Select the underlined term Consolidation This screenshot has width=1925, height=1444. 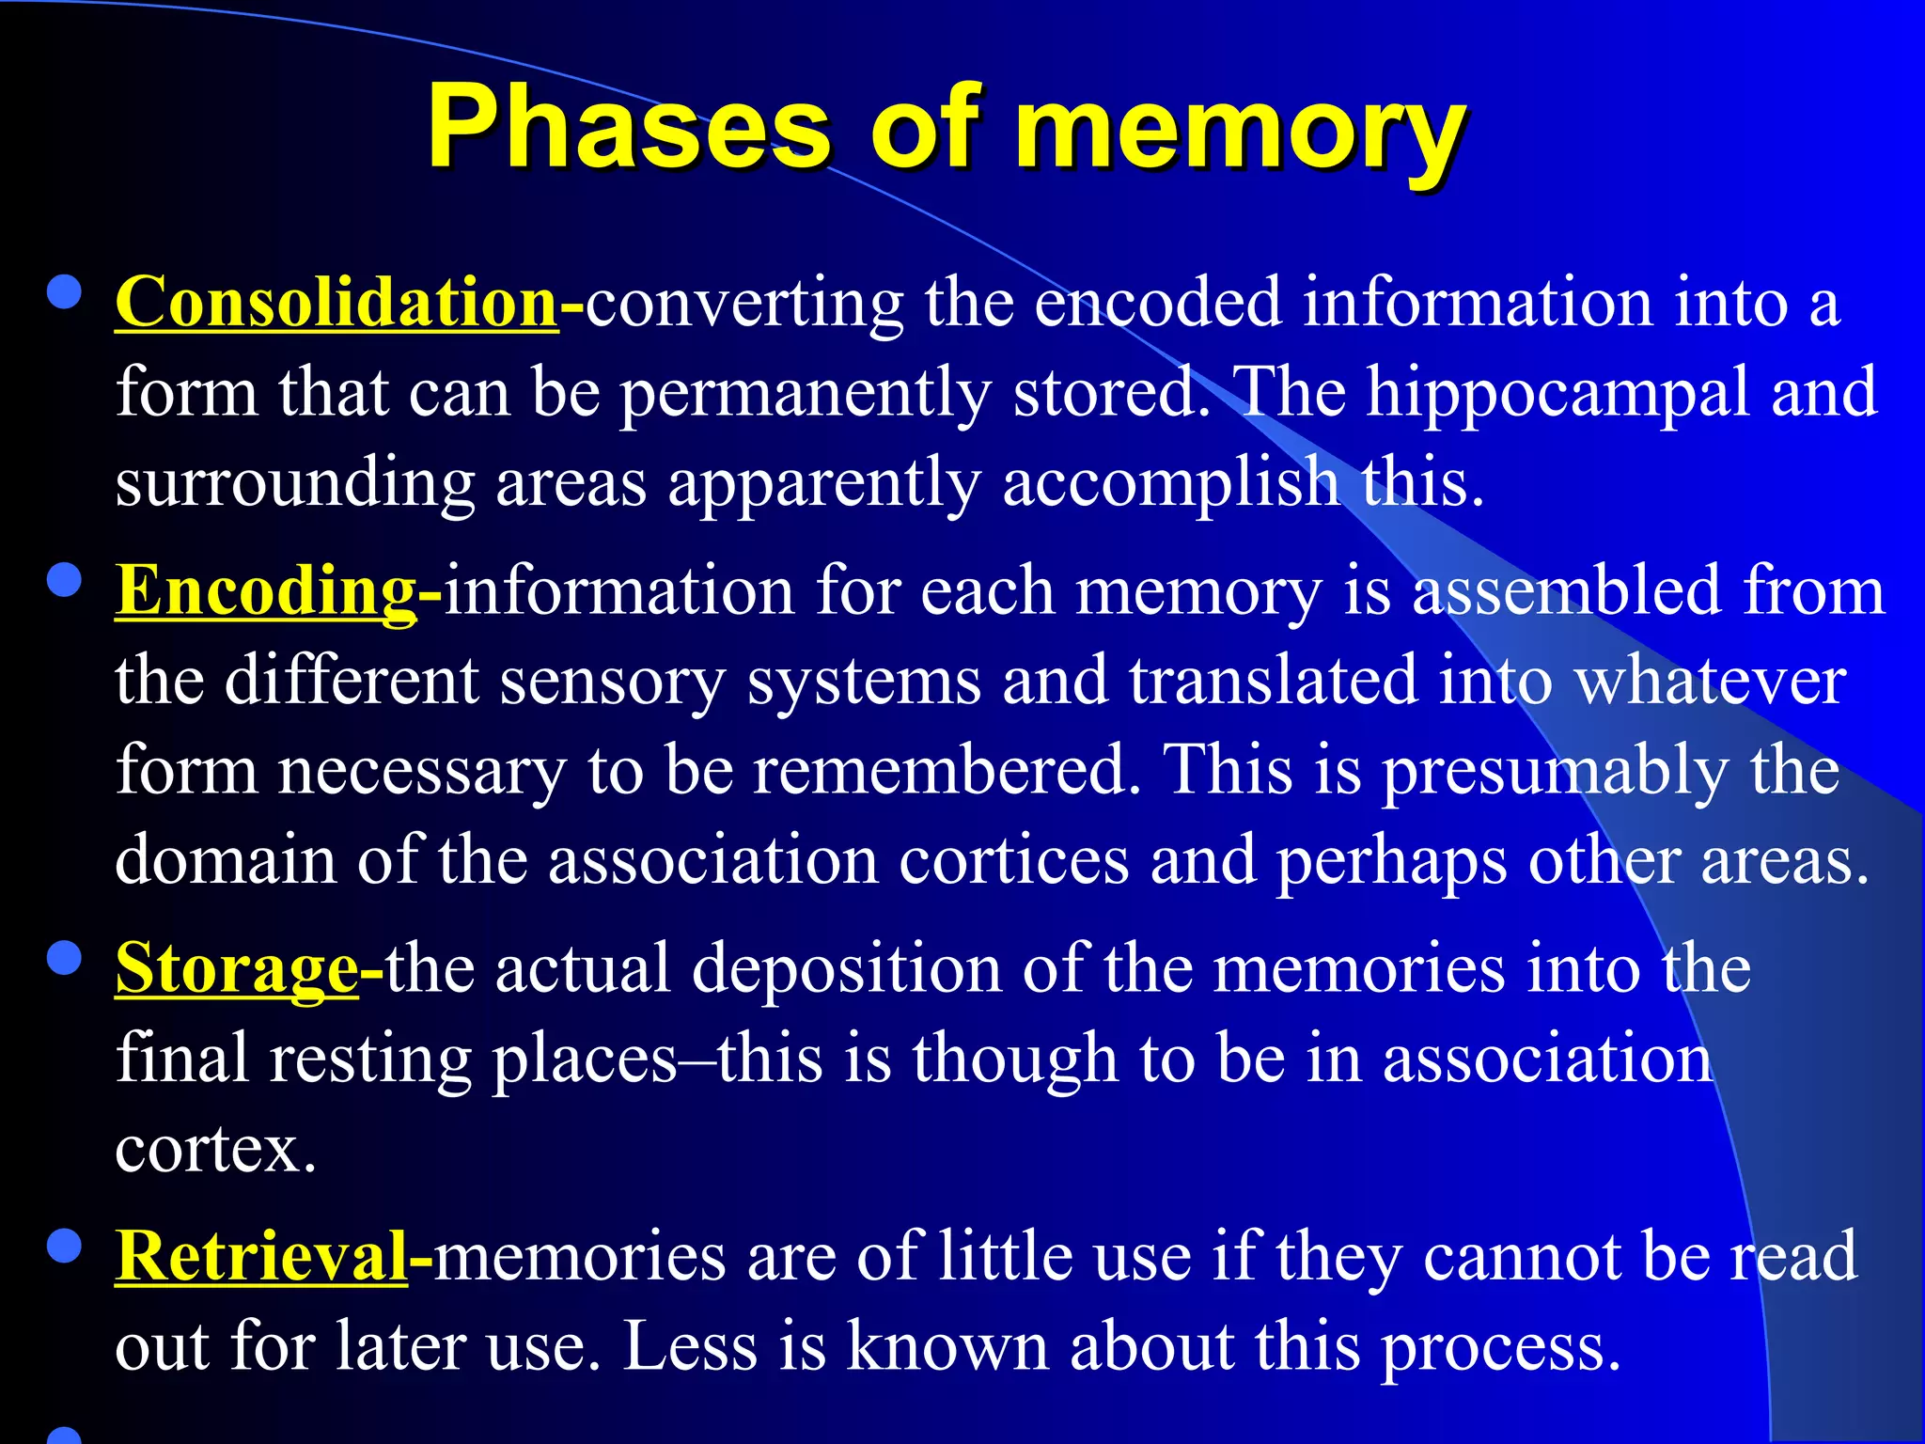pyautogui.click(x=336, y=303)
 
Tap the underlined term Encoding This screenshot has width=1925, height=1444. pyautogui.click(x=266, y=591)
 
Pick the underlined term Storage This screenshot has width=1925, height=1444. pyautogui.click(x=237, y=968)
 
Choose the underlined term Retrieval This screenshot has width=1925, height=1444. pyautogui.click(x=261, y=1256)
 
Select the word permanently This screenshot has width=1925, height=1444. pyautogui.click(x=805, y=393)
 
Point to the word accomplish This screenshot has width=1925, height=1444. pyautogui.click(x=1171, y=483)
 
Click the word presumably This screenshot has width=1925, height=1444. pyautogui.click(x=1554, y=771)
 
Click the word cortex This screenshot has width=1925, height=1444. pyautogui.click(x=215, y=1149)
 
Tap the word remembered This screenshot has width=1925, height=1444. pyautogui.click(x=947, y=770)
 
